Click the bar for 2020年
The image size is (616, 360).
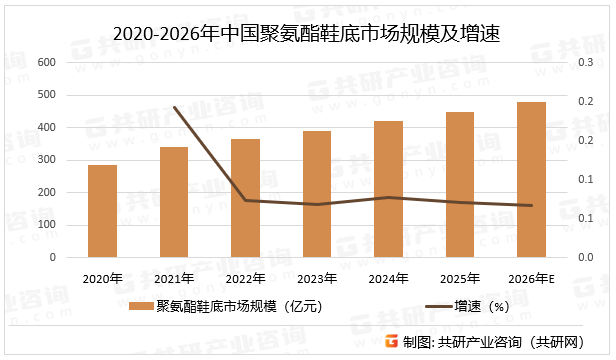tap(102, 211)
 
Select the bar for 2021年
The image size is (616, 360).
tap(174, 202)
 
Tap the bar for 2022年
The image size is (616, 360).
tap(245, 198)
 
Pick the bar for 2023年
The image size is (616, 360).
tap(317, 194)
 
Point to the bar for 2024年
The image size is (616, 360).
tap(388, 189)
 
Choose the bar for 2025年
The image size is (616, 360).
tap(459, 185)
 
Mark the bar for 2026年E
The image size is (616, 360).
tap(531, 180)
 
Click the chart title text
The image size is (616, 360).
tap(306, 34)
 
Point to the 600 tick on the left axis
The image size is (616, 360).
tap(47, 62)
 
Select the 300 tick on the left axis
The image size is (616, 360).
tap(47, 160)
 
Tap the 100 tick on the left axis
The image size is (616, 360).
tap(47, 225)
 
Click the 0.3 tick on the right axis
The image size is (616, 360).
tap(585, 62)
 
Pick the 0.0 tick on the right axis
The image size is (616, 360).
tap(585, 257)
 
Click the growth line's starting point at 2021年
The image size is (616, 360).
tap(174, 107)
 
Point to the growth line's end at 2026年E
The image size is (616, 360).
tap(531, 206)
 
